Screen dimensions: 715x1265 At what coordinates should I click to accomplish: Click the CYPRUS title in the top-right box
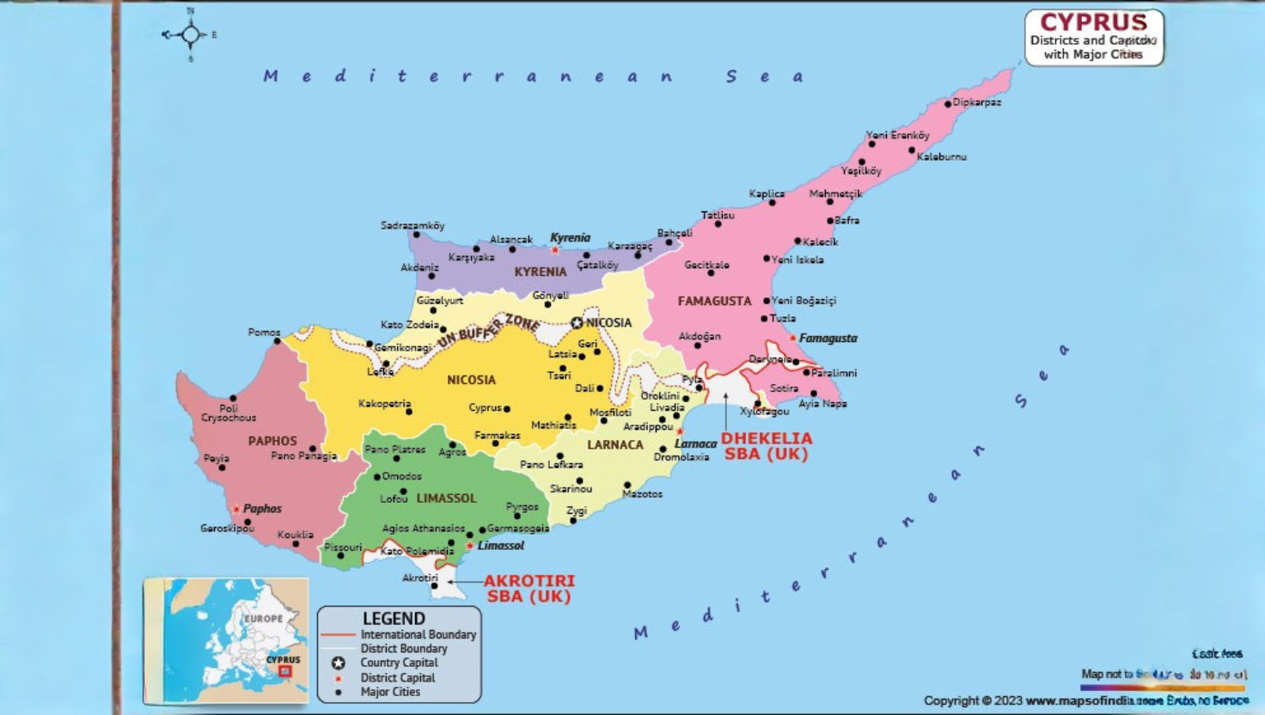click(1093, 22)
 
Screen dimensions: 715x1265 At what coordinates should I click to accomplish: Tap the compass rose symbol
click(190, 35)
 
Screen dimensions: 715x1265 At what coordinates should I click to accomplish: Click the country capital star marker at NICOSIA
click(577, 323)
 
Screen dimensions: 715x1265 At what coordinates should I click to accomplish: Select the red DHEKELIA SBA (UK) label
click(766, 446)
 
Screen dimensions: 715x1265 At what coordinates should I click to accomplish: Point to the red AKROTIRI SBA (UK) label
click(529, 589)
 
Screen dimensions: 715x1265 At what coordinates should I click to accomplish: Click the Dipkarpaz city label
click(976, 102)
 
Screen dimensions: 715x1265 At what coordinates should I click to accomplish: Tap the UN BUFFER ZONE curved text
click(488, 331)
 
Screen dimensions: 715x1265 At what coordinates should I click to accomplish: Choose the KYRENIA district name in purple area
click(540, 272)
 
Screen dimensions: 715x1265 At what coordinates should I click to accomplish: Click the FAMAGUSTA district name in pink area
click(714, 301)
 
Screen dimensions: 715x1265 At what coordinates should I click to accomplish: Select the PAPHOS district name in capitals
click(272, 441)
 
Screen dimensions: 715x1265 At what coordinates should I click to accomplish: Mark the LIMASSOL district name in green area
click(446, 498)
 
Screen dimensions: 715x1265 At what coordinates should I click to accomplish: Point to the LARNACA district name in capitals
click(614, 444)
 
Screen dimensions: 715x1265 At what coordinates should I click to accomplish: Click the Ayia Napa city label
click(822, 403)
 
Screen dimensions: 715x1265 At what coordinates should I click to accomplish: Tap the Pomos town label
click(264, 332)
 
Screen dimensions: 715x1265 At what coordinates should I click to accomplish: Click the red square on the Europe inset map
click(285, 671)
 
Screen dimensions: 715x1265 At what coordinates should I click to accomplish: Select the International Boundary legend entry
click(418, 634)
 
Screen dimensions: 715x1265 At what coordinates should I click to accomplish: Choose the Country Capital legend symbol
click(339, 663)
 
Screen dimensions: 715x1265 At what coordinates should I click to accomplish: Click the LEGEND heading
click(394, 618)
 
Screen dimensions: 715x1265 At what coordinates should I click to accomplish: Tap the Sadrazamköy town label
click(412, 225)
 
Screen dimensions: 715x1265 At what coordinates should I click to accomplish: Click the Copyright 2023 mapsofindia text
click(1085, 700)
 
